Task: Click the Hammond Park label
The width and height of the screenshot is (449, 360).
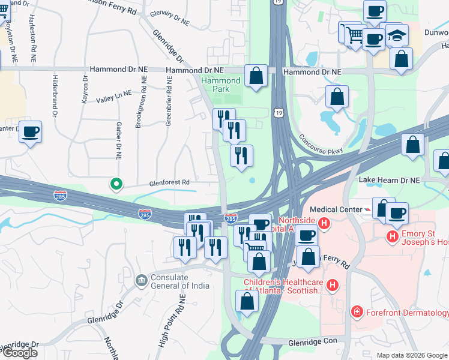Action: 221,85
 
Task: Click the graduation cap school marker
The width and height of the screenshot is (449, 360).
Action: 396,36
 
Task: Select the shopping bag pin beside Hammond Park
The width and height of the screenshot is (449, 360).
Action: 256,76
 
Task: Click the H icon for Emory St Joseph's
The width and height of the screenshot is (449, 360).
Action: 393,236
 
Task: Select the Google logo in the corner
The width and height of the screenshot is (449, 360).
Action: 19,353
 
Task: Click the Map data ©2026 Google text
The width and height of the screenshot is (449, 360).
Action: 411,355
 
